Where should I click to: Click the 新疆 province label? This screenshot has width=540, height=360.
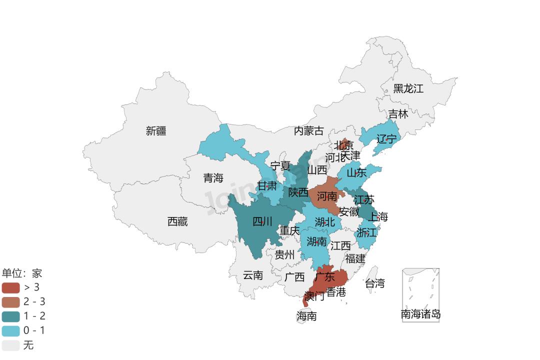tap(156, 131)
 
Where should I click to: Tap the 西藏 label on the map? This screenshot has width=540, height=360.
tap(177, 221)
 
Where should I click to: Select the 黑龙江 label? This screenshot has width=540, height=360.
tap(408, 88)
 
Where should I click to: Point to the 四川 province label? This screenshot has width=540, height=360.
tap(262, 221)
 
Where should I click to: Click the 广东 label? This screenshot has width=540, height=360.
tap(325, 276)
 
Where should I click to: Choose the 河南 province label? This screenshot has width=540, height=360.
tap(327, 196)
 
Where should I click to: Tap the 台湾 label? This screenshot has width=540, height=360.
tap(375, 283)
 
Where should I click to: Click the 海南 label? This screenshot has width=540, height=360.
tap(306, 316)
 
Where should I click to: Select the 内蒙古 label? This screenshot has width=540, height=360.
tap(308, 131)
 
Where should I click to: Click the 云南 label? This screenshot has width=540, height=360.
tap(253, 275)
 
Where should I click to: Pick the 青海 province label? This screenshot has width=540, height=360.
tap(213, 177)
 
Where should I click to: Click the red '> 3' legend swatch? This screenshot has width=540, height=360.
tap(10, 287)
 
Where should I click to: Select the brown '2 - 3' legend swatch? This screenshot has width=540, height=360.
tap(10, 302)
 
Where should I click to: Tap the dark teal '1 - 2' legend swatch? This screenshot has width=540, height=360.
tap(10, 316)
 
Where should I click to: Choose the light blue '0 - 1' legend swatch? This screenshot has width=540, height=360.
tap(10, 331)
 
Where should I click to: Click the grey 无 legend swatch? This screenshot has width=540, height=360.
tap(10, 345)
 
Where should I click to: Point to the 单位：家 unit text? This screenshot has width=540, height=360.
tap(22, 273)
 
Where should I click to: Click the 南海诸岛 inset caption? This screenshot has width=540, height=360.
tap(420, 314)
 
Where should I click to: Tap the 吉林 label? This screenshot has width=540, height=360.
tap(398, 114)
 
